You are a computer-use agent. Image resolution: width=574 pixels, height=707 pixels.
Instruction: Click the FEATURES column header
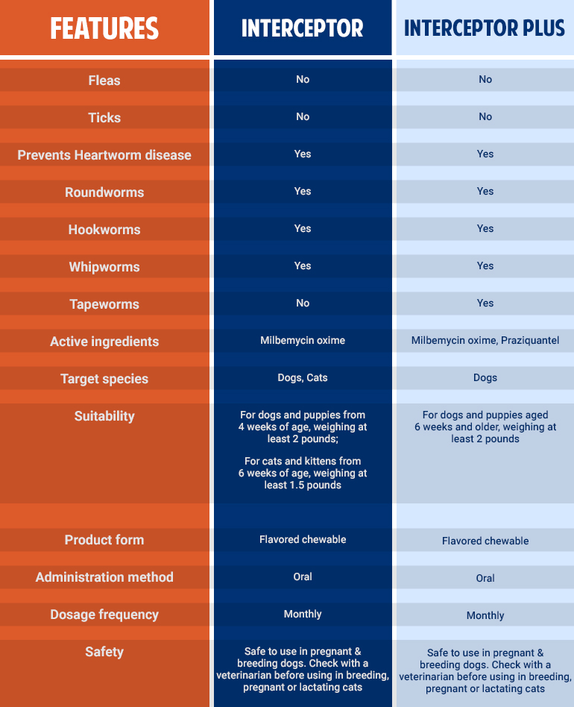click(104, 28)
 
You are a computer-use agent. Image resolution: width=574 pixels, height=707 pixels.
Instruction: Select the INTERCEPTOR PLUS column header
click(485, 28)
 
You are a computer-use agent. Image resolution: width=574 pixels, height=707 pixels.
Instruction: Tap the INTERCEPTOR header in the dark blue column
click(303, 28)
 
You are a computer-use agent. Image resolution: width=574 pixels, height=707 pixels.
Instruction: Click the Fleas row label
click(104, 81)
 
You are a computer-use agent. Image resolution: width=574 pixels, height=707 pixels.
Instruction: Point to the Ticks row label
click(104, 118)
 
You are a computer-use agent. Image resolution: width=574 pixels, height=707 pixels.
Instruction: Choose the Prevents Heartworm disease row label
click(104, 155)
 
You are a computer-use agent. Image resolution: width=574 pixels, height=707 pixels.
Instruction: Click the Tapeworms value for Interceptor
click(303, 303)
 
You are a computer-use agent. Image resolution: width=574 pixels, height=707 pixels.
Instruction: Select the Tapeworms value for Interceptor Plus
click(485, 303)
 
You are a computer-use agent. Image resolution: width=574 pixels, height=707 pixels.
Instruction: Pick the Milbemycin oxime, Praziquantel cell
click(485, 341)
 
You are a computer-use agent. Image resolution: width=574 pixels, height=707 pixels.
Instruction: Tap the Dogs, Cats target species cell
click(303, 377)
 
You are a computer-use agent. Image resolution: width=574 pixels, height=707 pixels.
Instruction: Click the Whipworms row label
click(104, 267)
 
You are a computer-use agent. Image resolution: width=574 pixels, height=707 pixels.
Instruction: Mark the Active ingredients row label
click(104, 342)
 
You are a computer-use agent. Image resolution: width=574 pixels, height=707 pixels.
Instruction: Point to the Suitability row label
click(104, 416)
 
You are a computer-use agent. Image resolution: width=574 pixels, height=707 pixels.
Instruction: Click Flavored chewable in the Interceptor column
click(303, 539)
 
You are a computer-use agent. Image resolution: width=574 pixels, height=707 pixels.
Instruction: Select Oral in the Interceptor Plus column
click(485, 578)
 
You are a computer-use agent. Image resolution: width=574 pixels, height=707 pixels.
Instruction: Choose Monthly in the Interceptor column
click(303, 614)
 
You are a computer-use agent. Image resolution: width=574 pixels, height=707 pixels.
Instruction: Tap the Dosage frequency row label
click(104, 615)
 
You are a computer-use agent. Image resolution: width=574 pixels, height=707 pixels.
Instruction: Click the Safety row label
click(104, 652)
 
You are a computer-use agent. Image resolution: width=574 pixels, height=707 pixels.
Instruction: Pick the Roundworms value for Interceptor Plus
click(485, 191)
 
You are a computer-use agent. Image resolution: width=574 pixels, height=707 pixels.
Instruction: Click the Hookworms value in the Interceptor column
click(303, 228)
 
